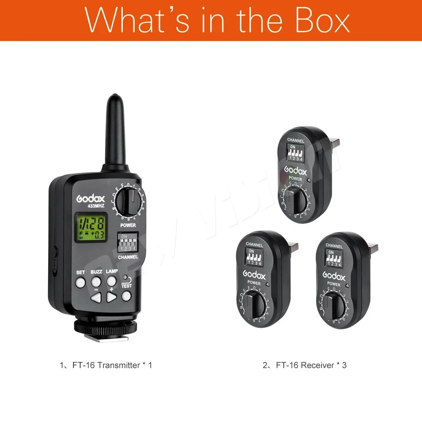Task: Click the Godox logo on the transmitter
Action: pyautogui.click(x=90, y=197)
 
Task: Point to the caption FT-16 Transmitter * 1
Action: pyautogui.click(x=106, y=365)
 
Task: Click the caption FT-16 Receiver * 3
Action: pyautogui.click(x=305, y=365)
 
